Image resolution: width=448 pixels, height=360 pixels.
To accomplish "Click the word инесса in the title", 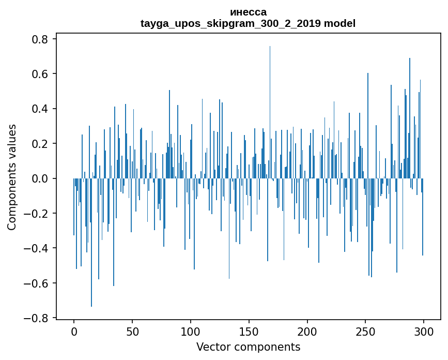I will pos(248,12).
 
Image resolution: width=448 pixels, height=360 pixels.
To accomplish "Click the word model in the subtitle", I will pos(340,23).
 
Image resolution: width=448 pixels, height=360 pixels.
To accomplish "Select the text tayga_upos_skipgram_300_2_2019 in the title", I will pos(231,23).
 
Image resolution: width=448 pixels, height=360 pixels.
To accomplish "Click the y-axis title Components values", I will pos(12,177).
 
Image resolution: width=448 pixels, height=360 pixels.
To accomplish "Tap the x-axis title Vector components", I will pos(248,347).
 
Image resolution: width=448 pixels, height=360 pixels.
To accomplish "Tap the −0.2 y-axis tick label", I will pos(38,214).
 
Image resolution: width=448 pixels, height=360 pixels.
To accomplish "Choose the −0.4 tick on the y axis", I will pos(38,248).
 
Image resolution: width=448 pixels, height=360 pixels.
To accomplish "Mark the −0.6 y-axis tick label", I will pos(38,283).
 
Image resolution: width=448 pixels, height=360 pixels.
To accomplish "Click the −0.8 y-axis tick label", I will pos(38,318).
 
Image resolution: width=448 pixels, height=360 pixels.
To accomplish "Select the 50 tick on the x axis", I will pos(132,332).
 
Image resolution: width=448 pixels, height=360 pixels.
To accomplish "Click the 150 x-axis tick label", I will pos(249,332).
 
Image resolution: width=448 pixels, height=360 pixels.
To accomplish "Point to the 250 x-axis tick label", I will pos(365,332).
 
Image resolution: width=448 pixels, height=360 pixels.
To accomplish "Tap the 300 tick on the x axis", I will pos(424,332).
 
